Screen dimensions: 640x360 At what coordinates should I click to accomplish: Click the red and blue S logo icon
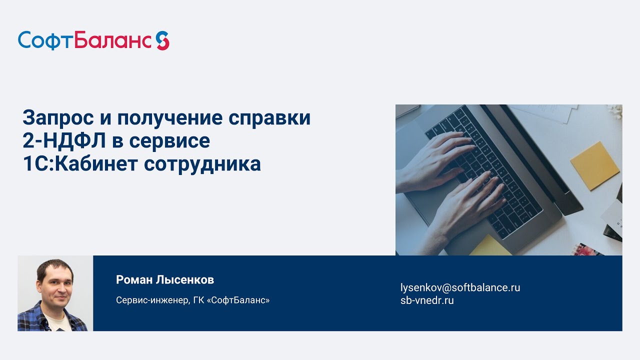162,40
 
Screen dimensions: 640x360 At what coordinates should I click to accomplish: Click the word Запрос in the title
58,117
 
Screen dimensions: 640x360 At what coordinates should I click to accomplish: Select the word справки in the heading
269,118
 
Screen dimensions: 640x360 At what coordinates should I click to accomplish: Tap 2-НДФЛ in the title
64,141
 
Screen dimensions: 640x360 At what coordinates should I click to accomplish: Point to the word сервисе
169,141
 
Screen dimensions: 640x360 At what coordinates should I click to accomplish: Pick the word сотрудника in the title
202,164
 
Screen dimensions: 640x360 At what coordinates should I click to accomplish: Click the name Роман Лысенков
165,279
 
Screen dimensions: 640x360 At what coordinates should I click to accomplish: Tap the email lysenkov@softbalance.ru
460,287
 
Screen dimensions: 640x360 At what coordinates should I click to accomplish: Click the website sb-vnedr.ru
427,300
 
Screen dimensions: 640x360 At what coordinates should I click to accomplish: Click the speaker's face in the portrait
56,285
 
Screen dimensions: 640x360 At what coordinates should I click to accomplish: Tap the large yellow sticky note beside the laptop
594,165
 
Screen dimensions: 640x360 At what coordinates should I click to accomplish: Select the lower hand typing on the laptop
465,205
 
